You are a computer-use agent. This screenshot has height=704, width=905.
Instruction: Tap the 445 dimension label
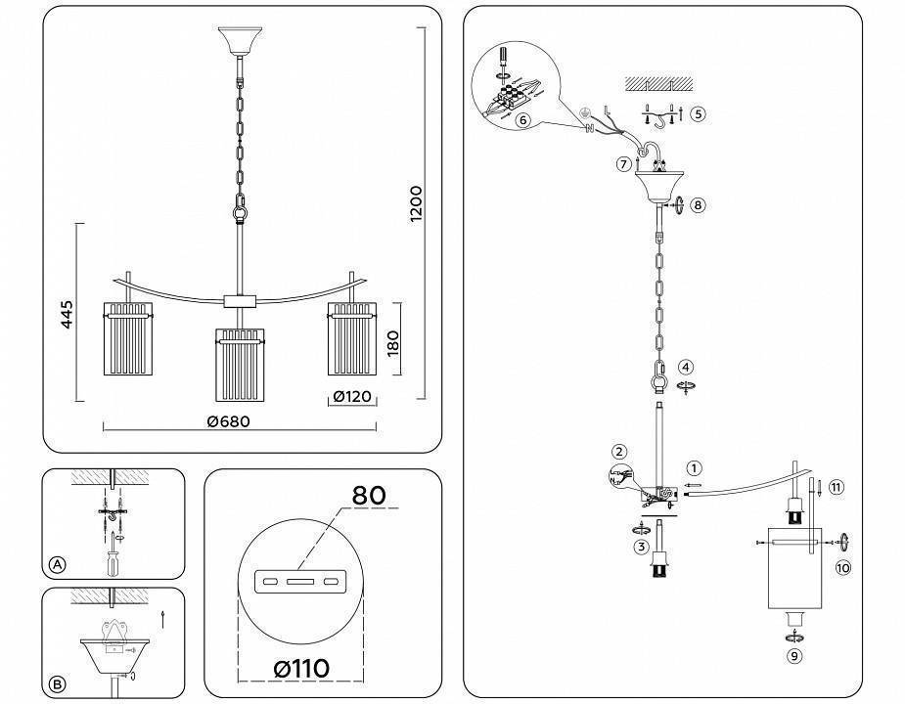point(66,315)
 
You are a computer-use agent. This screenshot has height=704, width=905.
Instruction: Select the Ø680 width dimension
point(228,422)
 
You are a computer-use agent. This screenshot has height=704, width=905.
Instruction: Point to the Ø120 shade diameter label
point(349,397)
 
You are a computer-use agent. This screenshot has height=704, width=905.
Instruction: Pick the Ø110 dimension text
point(300,668)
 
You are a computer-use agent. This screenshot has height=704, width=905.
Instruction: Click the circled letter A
point(58,565)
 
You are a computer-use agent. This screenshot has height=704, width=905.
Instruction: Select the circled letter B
point(58,684)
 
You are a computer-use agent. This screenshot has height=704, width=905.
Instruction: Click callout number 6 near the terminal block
point(522,119)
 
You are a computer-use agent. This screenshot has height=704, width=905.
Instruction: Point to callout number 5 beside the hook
point(697,113)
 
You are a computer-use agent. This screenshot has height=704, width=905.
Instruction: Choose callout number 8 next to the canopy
point(697,205)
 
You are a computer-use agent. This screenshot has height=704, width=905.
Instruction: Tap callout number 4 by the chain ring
point(687,367)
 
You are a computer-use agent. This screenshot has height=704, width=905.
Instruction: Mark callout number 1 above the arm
point(694,468)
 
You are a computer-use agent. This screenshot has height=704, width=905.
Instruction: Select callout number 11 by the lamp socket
point(835,486)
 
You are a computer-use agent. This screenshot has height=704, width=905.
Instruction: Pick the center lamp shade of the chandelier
point(237,365)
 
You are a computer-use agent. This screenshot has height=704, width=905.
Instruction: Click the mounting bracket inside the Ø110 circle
point(299,583)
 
